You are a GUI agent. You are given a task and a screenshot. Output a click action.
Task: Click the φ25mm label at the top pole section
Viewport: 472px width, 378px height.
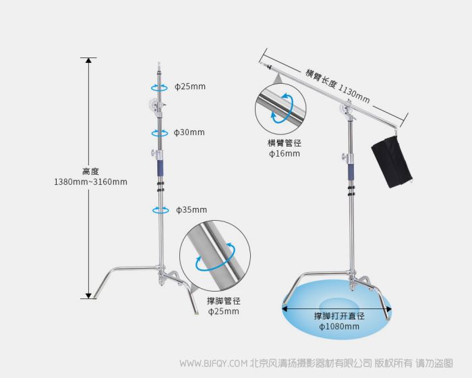point(190,87)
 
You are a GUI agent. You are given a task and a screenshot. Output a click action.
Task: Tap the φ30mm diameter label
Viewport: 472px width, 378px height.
point(189,132)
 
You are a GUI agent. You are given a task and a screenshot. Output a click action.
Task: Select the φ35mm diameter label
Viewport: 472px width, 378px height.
point(191,210)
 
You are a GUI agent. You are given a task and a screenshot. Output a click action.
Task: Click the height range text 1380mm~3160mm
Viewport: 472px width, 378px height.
point(90,182)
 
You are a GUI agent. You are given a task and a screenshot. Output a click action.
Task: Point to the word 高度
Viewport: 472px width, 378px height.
point(90,171)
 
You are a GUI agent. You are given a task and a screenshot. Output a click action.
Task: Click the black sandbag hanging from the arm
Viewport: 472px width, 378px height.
point(391,162)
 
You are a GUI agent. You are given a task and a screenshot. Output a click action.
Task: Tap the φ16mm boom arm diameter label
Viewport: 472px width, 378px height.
point(284,154)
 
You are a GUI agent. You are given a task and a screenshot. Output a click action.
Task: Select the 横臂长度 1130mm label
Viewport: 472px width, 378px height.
point(337,86)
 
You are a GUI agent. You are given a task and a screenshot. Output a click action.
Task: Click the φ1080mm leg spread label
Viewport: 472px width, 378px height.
point(339,327)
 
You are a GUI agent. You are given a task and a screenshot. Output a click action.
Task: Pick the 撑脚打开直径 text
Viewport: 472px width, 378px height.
point(339,316)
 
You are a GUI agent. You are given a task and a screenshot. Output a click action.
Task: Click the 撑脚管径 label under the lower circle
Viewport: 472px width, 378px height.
point(224,300)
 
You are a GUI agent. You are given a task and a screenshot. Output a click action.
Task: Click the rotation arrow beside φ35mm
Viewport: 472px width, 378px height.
point(159,211)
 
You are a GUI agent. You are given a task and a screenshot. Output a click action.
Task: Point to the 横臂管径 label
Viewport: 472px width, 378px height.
point(284,143)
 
